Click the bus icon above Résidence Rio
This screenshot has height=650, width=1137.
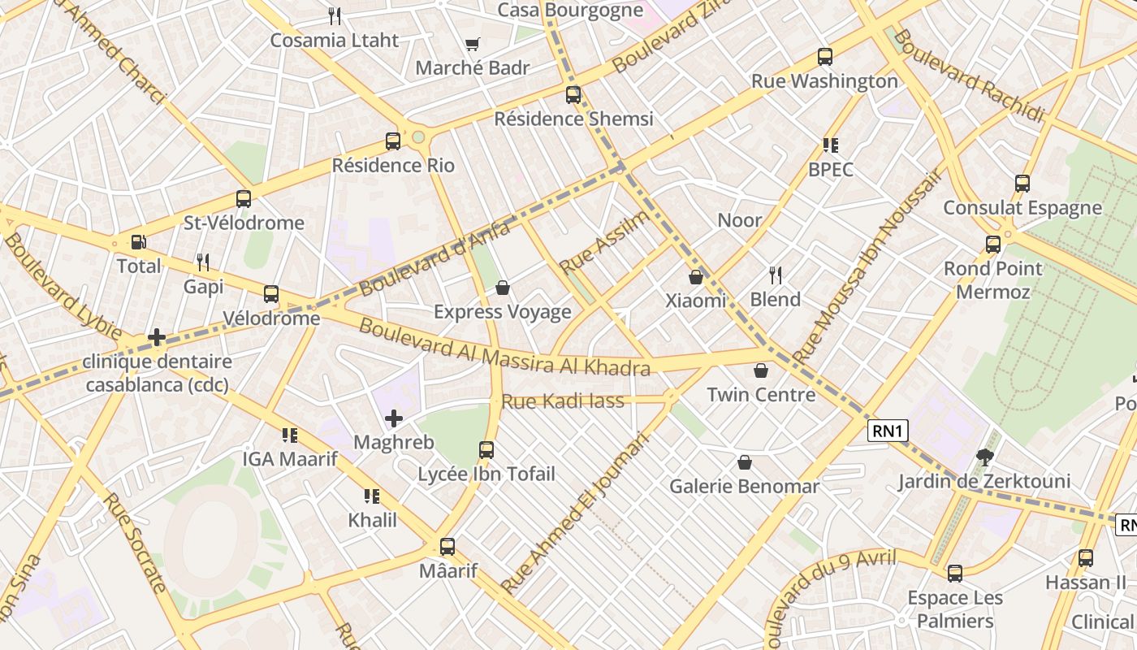[393, 141]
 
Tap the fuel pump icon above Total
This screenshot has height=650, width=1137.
[138, 242]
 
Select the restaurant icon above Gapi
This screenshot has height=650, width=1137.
[203, 262]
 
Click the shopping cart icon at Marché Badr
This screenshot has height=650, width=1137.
[472, 45]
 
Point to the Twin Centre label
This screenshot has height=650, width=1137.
[761, 395]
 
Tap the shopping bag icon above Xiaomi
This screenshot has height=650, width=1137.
[696, 277]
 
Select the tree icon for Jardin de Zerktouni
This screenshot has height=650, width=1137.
[984, 457]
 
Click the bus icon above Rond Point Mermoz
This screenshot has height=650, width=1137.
[992, 245]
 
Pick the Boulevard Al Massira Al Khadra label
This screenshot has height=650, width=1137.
[504, 348]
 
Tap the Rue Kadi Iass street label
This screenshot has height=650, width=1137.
[563, 401]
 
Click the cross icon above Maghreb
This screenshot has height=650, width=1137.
[394, 419]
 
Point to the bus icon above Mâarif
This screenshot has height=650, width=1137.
[447, 547]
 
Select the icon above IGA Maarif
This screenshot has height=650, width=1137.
[290, 435]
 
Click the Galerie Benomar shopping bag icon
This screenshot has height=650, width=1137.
[745, 463]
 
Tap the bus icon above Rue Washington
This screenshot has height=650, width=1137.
[825, 57]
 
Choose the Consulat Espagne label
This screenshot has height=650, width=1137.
[1022, 208]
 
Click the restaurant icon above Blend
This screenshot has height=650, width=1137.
[776, 275]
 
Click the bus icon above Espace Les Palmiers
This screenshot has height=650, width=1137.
[955, 574]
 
